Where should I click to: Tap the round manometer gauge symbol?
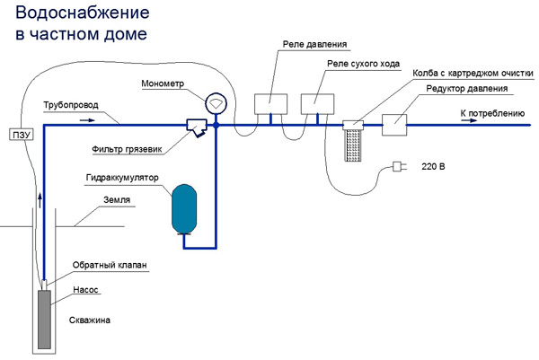point(216,103)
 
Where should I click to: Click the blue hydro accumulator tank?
point(185,208)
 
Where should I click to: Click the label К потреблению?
point(492,114)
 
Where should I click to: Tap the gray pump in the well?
point(44,318)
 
